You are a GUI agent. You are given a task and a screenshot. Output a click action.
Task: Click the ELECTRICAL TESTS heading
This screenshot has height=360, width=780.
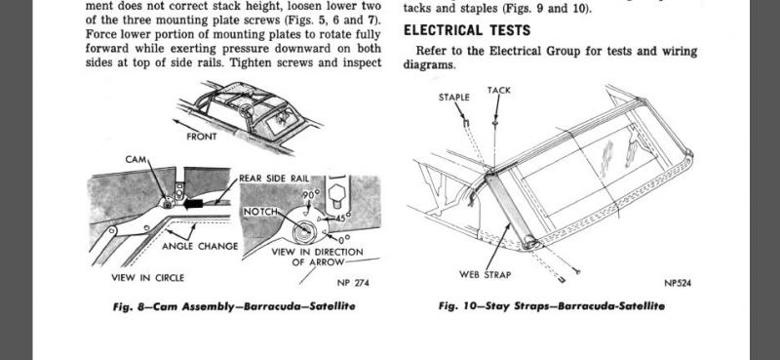pos(467,30)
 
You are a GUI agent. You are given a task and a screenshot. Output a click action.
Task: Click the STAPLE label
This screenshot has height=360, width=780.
pos(453,98)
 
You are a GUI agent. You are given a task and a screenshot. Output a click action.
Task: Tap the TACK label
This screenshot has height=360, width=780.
pos(499,90)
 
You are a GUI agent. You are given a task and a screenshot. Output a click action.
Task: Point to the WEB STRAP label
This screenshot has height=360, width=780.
pos(485,274)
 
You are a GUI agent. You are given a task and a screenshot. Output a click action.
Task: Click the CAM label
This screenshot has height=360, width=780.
pos(136,159)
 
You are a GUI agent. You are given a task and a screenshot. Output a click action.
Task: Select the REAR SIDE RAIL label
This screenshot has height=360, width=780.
pos(274,179)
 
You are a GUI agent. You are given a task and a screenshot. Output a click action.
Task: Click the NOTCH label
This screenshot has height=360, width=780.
pos(260,212)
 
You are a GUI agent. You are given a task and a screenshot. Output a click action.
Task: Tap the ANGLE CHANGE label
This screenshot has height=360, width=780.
pos(200,246)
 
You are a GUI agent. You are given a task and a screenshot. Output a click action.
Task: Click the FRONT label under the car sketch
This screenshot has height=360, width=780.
pos(202,137)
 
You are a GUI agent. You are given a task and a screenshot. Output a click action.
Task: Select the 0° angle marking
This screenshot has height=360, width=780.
pos(345,239)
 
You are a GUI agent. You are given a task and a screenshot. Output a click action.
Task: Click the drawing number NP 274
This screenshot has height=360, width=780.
pos(353,283)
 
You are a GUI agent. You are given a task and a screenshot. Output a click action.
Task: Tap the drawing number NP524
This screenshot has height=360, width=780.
pos(678,283)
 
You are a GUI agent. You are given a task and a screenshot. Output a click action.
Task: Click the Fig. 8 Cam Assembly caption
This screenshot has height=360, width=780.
pos(234,306)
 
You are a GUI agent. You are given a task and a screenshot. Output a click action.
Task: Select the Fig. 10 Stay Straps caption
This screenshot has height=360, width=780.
pos(552,305)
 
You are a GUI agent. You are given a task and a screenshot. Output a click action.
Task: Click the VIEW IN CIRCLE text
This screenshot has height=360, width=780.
pos(148,278)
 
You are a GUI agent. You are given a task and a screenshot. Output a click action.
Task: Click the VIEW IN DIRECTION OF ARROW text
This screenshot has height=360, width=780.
pos(318,257)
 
